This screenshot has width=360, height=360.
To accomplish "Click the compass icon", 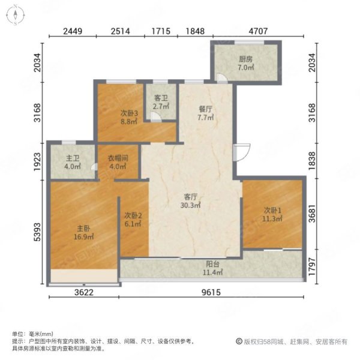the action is point(16,15).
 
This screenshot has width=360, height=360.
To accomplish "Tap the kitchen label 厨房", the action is point(245,59).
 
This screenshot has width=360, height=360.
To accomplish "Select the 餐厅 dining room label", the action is point(205,109).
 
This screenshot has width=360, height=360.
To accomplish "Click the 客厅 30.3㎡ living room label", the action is point(190,201).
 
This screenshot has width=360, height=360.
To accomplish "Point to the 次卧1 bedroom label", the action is point(272,211).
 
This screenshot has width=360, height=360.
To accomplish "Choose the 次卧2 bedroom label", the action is point(133,215).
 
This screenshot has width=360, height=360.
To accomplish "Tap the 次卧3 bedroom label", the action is point(129,113).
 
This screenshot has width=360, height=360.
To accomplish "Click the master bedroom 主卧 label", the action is point(83,229).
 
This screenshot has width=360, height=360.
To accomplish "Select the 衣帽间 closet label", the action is point(118,158).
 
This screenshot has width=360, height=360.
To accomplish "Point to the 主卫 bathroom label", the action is point(73,158).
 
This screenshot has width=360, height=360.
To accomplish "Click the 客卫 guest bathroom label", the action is point(161,98).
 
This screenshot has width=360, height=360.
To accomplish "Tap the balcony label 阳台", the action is point(212,264).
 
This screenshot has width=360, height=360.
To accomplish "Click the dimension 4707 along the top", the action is point(258,31).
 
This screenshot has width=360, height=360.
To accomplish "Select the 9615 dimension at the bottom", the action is point(211,292).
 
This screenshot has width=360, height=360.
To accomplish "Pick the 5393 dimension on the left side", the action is point(37,232).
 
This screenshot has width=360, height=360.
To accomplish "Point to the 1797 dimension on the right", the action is point(312,266).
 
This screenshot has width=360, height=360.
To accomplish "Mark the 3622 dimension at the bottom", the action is point(84,292).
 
